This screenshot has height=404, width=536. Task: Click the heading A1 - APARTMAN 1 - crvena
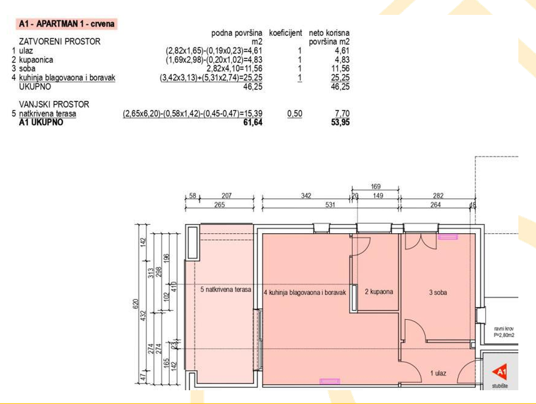point(66,24)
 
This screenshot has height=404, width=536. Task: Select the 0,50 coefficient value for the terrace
point(294,113)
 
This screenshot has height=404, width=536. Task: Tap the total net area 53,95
point(340,122)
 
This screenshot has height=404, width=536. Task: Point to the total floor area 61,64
point(253,122)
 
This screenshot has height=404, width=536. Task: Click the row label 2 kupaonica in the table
point(33,60)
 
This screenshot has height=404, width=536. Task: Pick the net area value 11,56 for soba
point(340,68)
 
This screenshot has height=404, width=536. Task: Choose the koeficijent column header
point(286,33)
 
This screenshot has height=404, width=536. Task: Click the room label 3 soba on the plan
point(438,292)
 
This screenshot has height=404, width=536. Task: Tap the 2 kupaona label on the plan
point(379,292)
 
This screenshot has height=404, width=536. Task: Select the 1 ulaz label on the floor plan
point(438,373)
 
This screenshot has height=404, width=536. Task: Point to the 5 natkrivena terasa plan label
point(226,289)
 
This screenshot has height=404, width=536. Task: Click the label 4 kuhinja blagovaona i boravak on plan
point(305,293)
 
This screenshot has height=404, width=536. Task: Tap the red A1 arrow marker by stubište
point(500,373)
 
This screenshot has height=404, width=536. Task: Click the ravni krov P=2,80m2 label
point(504,332)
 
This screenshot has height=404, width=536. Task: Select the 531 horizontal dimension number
point(330,204)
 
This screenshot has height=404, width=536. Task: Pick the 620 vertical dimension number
point(136,304)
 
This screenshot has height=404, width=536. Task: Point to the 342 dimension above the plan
point(306,196)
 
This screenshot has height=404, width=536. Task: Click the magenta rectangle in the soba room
point(448,236)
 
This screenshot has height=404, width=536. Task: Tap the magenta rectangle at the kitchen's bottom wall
point(330,381)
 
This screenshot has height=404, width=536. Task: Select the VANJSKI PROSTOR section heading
point(54,104)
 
